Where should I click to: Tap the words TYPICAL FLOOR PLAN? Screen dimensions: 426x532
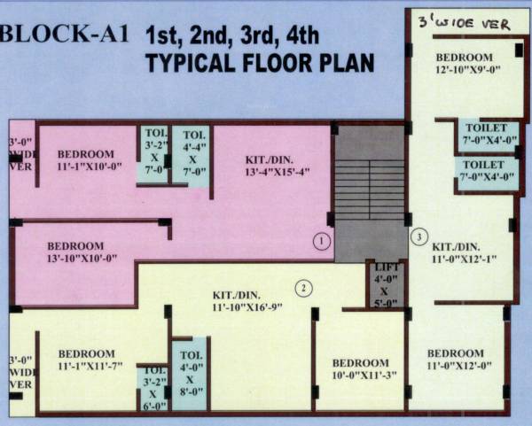point(260,64)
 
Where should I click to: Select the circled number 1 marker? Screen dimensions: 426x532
point(323,240)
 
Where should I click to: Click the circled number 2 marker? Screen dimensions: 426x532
point(303,287)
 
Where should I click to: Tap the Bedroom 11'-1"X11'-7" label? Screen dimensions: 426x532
point(86,360)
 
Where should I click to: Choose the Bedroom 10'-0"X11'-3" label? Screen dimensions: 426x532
point(360,369)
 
